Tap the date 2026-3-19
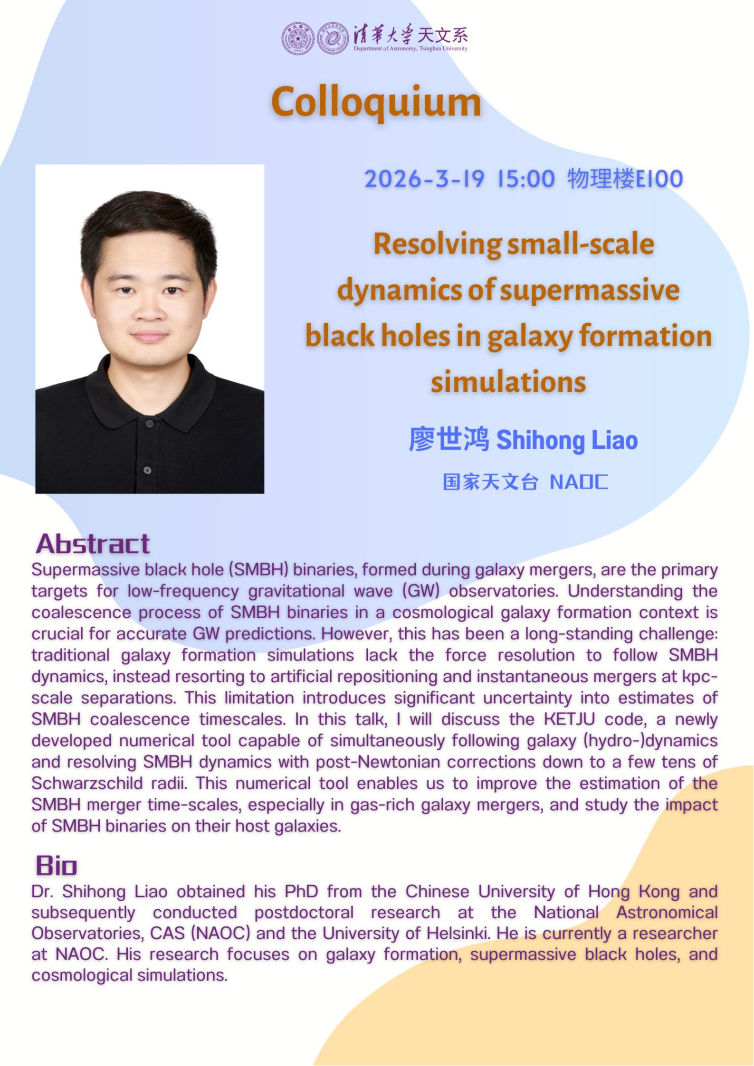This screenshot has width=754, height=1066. tap(424, 179)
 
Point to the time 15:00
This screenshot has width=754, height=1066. tap(526, 179)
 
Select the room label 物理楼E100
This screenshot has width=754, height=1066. tap(625, 179)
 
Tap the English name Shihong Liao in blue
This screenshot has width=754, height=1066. tap(567, 440)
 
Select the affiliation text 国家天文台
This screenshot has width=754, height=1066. tap(490, 481)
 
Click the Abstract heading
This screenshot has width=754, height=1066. tap(93, 544)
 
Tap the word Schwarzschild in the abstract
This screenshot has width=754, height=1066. tap(87, 783)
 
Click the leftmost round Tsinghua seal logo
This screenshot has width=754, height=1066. tap(298, 38)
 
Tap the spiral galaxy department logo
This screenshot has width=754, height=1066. tap(333, 38)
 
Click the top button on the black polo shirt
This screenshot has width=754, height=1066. tap(149, 424)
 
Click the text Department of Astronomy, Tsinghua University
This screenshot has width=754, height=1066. tap(410, 48)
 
